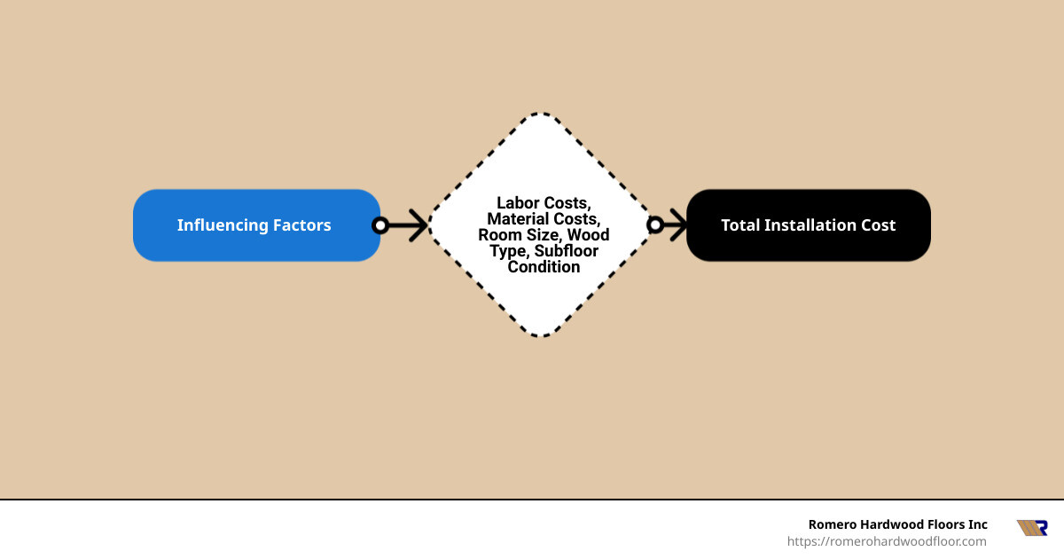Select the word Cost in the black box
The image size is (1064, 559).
(x=877, y=225)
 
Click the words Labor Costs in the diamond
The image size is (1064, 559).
(x=544, y=203)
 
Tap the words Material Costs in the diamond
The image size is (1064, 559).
(x=544, y=218)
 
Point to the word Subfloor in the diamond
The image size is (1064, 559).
(x=567, y=251)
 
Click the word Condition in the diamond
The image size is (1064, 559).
(x=544, y=267)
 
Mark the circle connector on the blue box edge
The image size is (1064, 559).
(x=380, y=225)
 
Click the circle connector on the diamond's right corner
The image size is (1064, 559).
(x=655, y=225)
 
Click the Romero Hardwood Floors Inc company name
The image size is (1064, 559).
(x=897, y=524)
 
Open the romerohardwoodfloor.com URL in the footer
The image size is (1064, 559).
(x=887, y=541)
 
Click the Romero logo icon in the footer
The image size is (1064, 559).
(x=1031, y=528)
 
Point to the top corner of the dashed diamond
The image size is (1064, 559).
(x=542, y=114)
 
